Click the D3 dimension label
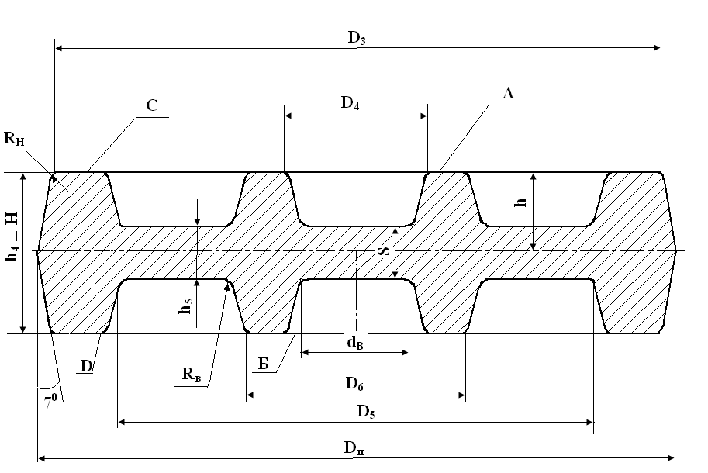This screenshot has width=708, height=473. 357,38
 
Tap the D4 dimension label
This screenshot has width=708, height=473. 350,103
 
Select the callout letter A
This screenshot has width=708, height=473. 508,93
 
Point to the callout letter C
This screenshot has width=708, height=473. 152,105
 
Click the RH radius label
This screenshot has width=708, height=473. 14,139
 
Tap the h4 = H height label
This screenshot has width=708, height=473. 12,236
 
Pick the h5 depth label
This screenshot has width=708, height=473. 186,306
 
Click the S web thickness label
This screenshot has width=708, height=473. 384,250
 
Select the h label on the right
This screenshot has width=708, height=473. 520,202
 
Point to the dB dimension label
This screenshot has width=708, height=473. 355,343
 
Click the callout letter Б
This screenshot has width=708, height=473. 263,364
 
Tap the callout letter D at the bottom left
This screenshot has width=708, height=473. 86,366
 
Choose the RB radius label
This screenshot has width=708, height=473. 192,375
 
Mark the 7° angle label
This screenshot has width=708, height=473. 51,401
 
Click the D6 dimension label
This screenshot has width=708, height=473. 354,384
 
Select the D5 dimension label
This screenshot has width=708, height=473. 366,412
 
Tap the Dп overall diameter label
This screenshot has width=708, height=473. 354,447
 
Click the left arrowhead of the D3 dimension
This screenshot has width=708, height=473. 59,48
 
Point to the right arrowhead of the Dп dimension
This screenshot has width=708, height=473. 671,458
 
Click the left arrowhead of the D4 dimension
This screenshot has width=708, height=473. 288,116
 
